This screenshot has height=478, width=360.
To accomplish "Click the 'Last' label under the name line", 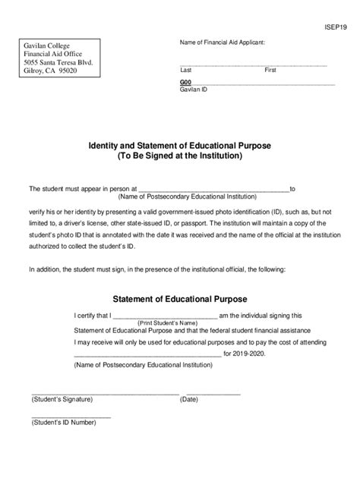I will pyautogui.click(x=185, y=70).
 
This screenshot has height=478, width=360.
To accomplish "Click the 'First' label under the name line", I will pyautogui.click(x=270, y=70).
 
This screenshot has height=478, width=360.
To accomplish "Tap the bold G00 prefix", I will pyautogui.click(x=186, y=81).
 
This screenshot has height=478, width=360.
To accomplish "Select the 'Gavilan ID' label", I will pyautogui.click(x=193, y=89).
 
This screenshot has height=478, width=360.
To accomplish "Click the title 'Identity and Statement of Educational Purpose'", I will pyautogui.click(x=180, y=145).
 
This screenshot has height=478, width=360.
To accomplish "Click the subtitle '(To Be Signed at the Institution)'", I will pyautogui.click(x=180, y=156).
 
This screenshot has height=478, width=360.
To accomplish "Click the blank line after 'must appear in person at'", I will pyautogui.click(x=213, y=189).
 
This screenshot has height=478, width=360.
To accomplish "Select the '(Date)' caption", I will pyautogui.click(x=188, y=399).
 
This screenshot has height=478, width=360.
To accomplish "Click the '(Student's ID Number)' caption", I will pyautogui.click(x=64, y=422).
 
